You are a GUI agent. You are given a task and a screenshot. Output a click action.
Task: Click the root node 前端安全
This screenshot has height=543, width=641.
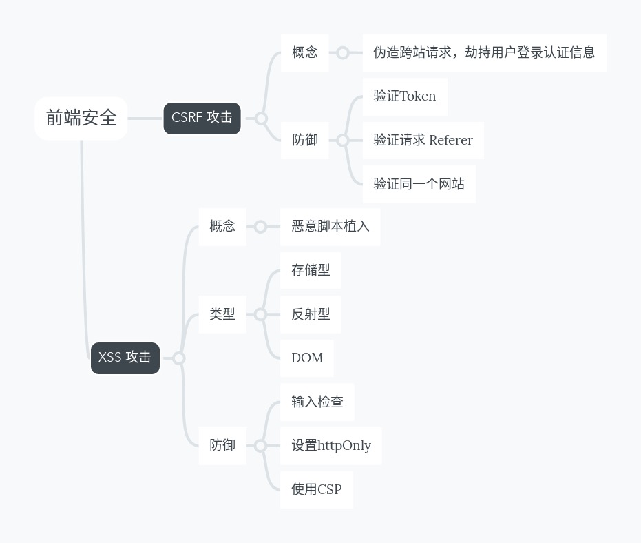81,119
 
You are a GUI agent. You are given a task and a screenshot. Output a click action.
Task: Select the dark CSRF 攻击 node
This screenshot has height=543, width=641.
202,118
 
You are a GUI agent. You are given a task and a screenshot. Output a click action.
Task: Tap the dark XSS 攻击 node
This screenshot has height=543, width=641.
125,358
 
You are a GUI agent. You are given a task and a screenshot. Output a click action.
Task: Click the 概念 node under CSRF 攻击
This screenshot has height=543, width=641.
304,52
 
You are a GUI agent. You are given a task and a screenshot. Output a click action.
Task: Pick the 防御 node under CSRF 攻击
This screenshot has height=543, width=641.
304,140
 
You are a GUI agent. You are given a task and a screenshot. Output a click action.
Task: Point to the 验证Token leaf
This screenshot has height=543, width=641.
404,96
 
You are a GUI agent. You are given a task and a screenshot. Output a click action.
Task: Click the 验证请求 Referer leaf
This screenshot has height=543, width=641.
423,141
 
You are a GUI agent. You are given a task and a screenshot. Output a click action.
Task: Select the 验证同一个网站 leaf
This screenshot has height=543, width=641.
419,184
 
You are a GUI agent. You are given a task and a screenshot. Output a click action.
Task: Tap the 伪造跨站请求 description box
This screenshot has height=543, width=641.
484,52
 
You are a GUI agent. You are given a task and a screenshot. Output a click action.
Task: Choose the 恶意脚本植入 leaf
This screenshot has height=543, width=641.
330,226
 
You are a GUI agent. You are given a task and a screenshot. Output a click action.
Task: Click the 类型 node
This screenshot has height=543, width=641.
222,314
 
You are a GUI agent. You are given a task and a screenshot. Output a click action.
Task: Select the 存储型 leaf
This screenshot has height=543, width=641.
310,270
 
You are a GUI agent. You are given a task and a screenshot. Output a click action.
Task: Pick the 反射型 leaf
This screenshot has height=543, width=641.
310,314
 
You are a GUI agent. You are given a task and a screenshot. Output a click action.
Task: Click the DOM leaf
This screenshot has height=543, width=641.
306,358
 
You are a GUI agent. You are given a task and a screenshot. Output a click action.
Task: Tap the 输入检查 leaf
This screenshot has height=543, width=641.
317,402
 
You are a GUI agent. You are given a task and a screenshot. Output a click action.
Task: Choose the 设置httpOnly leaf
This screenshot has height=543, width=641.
330,446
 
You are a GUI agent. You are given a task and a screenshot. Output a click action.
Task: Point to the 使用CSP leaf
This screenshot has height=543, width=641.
316,490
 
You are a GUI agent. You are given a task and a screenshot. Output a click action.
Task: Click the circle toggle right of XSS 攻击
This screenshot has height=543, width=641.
179,358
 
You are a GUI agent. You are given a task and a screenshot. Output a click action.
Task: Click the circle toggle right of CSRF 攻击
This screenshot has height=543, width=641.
261,119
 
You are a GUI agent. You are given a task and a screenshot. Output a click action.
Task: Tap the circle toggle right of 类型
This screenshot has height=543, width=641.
260,314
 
